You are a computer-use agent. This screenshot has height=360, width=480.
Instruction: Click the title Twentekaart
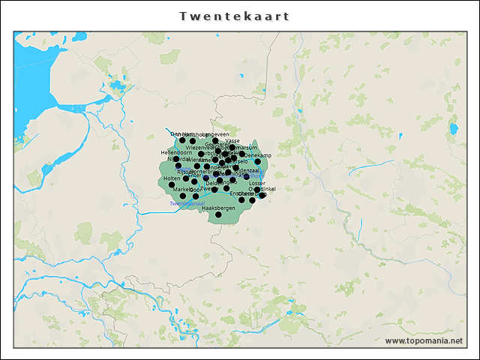(x=235, y=16)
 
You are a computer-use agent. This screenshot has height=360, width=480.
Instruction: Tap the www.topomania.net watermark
(x=424, y=340)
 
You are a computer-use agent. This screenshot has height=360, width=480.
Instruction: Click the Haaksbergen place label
(x=218, y=208)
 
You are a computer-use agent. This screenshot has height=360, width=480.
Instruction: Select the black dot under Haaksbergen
(x=218, y=215)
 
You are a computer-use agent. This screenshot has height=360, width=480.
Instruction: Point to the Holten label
(x=171, y=178)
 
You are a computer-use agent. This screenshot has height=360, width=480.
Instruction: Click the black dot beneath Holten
(x=172, y=184)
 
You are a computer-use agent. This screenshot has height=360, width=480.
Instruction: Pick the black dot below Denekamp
(x=257, y=161)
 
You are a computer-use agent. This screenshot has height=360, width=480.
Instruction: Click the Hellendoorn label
(x=177, y=152)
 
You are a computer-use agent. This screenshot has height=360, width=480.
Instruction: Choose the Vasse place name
(x=232, y=140)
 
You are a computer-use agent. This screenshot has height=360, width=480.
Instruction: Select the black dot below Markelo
(x=182, y=196)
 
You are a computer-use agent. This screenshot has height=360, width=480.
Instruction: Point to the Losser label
(x=257, y=183)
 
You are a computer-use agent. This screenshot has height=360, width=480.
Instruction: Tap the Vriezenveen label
(x=199, y=148)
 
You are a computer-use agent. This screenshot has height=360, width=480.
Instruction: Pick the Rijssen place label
(x=185, y=172)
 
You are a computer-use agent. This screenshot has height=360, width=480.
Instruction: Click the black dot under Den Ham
(x=182, y=140)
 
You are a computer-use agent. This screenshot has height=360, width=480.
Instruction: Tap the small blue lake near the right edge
(x=454, y=129)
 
